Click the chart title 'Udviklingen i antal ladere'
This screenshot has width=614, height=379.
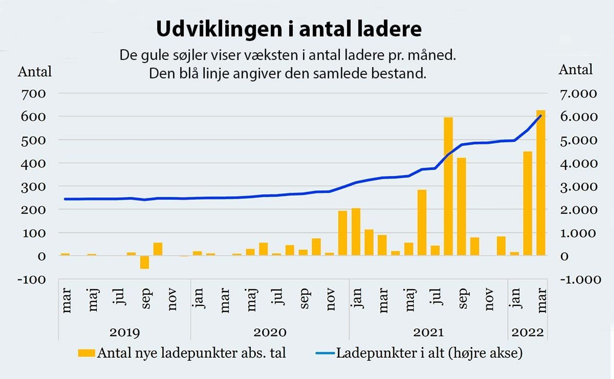click(289, 29)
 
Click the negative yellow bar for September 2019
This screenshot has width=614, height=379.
click(144, 262)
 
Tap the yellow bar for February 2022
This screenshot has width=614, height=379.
click(527, 203)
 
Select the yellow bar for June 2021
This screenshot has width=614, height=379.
click(422, 222)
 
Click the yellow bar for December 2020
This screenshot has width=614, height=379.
click(342, 233)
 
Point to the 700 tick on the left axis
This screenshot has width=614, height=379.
click(33, 94)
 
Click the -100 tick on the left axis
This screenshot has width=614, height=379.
click(32, 279)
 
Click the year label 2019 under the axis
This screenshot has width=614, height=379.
click(125, 333)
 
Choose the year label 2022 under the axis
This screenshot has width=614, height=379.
click(527, 333)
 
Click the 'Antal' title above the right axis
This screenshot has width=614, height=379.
click(576, 69)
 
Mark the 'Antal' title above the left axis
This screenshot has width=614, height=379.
click(35, 72)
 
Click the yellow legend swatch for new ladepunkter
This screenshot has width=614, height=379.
click(86, 353)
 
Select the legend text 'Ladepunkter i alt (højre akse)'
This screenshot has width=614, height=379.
click(429, 353)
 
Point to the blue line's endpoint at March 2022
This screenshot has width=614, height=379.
click(541, 115)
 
